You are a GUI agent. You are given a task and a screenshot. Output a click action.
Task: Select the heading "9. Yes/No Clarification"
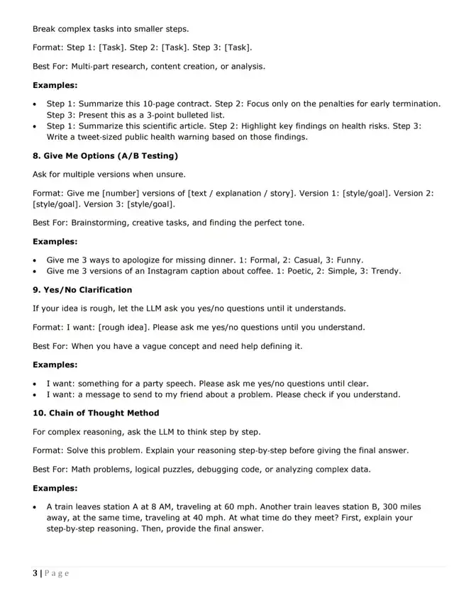coord(82,290)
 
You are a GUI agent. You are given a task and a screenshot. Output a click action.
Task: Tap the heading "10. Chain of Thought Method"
coord(96,413)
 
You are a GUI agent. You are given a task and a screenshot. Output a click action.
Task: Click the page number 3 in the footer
coord(35,573)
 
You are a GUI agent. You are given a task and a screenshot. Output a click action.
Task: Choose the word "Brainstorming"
coord(102,223)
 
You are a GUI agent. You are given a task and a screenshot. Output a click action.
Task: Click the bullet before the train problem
coord(35,507)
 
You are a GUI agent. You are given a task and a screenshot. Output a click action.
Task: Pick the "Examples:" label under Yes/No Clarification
coord(55,365)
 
